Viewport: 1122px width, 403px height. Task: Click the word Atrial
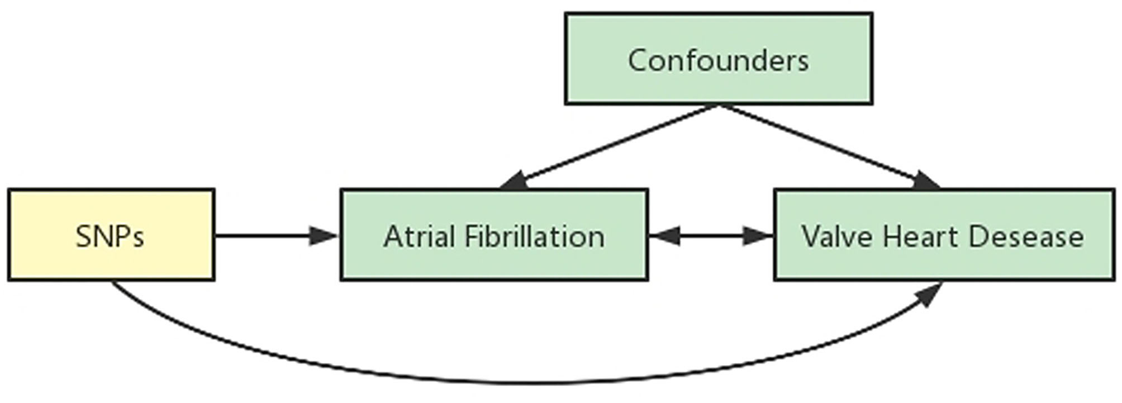click(419, 237)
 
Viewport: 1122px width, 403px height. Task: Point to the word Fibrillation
click(534, 237)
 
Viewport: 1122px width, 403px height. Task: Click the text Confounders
click(718, 61)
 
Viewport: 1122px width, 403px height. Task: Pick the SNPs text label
click(110, 237)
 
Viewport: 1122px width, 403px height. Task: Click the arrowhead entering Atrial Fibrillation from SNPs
click(324, 237)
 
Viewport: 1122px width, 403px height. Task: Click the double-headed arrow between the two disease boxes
click(710, 237)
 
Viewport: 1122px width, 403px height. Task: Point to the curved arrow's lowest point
click(526, 383)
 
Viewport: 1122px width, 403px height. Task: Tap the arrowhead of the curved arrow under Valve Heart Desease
click(928, 294)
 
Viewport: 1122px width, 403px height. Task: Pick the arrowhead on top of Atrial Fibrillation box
click(514, 182)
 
